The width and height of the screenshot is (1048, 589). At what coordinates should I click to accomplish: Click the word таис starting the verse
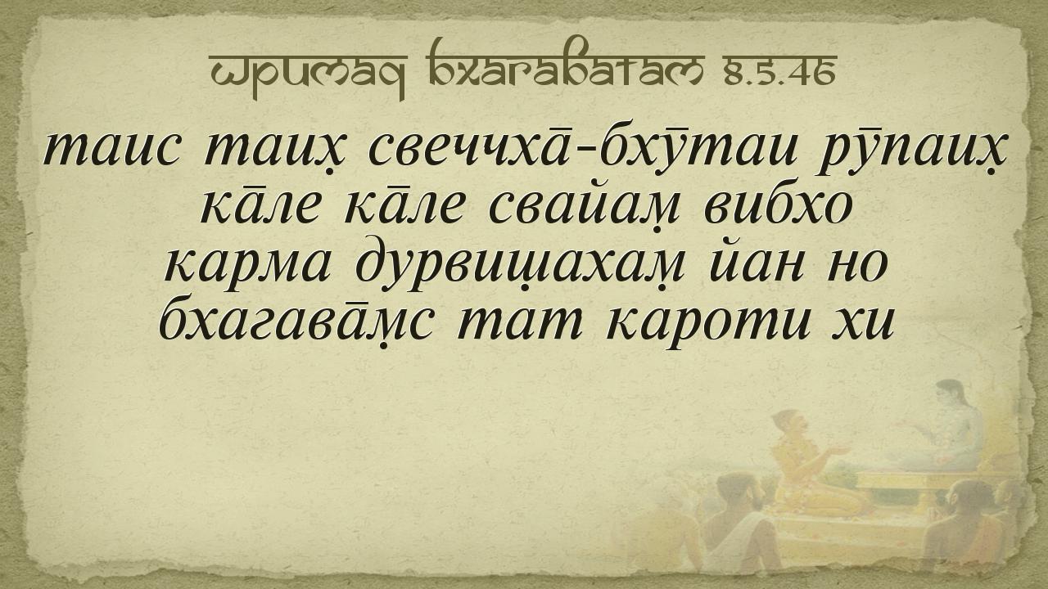click(x=111, y=151)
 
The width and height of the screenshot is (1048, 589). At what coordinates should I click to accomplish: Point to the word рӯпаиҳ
click(x=911, y=151)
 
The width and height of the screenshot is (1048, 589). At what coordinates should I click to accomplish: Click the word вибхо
click(x=777, y=205)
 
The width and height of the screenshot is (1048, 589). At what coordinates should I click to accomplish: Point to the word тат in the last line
click(x=520, y=324)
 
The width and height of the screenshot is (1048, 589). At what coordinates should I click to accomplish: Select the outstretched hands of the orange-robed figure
click(x=838, y=452)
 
